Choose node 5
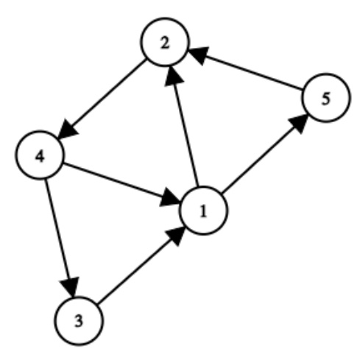[x=323, y=101]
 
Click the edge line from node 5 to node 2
[x=247, y=74]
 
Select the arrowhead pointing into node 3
[x=71, y=285]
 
